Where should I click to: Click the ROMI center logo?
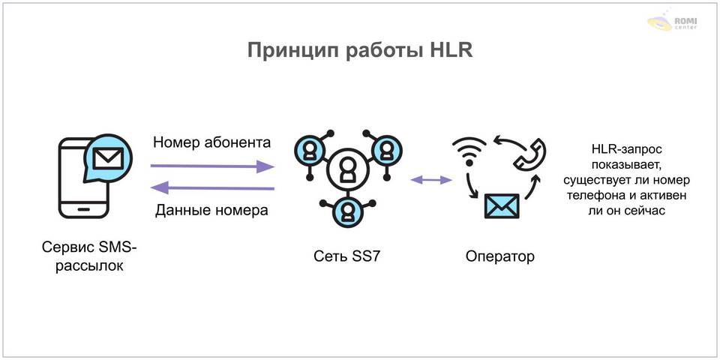click(674, 21)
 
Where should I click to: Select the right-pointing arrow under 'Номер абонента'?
click(212, 166)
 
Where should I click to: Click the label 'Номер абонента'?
click(211, 142)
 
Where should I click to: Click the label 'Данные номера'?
click(211, 211)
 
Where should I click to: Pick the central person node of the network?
click(346, 170)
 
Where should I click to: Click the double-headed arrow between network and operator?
click(430, 180)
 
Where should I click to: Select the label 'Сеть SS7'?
click(346, 257)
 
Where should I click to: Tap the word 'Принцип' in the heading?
click(295, 50)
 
